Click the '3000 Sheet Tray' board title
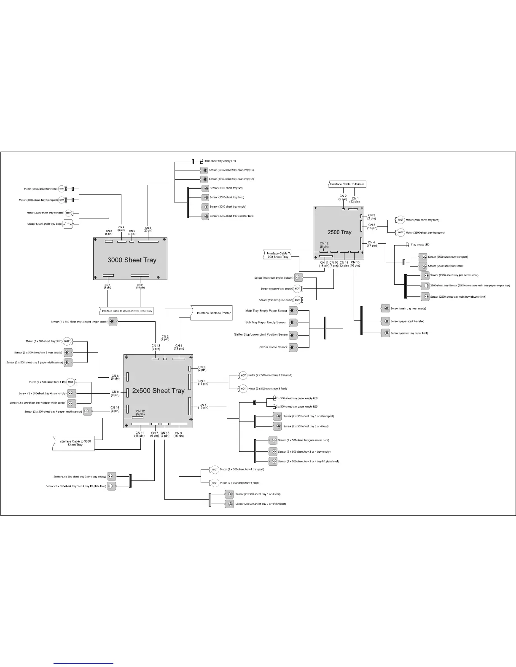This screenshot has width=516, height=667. [132, 260]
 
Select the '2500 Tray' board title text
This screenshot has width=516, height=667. [339, 232]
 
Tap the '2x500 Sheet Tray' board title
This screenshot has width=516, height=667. [158, 391]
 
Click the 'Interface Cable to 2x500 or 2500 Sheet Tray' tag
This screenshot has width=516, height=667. [127, 311]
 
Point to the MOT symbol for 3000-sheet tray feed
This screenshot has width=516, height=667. [62, 189]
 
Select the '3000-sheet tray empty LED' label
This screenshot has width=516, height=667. [220, 161]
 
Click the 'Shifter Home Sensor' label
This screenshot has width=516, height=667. [273, 347]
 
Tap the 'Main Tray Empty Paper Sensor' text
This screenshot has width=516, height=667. [266, 311]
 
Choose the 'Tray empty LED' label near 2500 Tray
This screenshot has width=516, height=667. [420, 245]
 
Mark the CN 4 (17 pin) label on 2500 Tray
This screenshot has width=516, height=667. [371, 244]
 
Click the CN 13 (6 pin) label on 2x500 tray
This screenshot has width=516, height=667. [156, 347]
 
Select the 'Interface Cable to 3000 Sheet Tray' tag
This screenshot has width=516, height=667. [75, 443]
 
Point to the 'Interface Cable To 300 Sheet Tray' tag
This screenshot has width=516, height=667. [278, 255]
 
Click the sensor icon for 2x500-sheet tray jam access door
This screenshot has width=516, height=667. [273, 440]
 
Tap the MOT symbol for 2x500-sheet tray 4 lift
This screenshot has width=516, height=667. [70, 382]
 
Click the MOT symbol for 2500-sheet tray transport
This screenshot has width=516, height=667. [400, 232]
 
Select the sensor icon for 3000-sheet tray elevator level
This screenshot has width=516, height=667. [205, 216]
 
